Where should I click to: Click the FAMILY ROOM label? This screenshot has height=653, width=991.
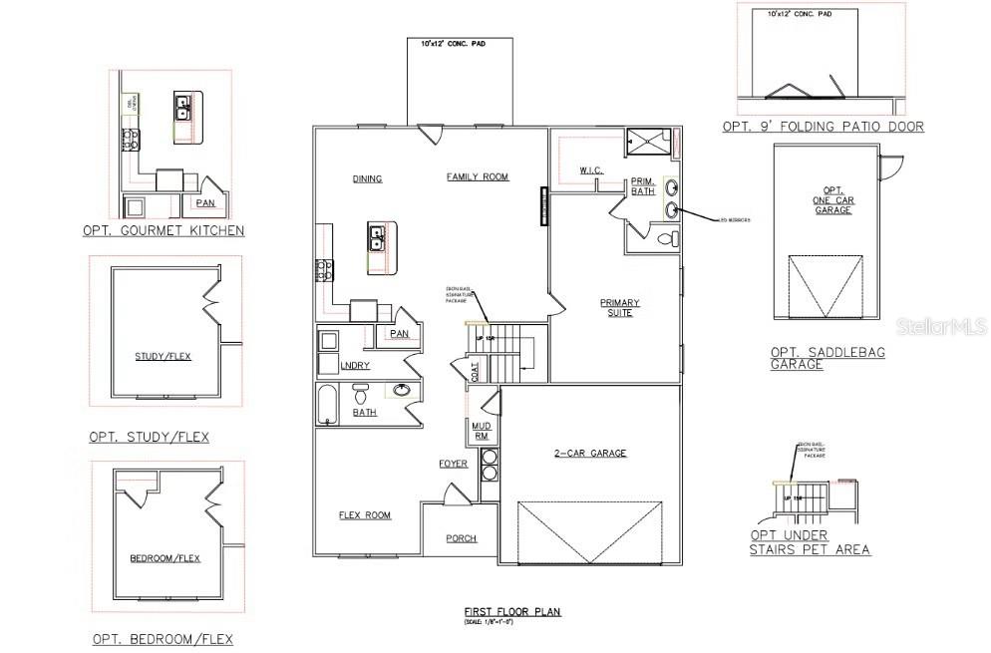tap(477, 177)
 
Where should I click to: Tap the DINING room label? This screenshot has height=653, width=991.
tap(367, 179)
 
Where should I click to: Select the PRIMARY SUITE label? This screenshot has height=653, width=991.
tap(619, 308)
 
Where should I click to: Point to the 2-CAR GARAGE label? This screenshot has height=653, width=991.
tap(591, 454)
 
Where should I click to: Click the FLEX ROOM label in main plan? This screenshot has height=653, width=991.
tap(364, 515)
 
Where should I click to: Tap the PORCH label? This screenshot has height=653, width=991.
tap(461, 538)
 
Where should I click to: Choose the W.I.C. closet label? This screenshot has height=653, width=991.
tap(590, 170)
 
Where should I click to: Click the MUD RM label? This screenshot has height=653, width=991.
tap(479, 431)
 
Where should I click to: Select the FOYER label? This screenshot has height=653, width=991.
tap(454, 464)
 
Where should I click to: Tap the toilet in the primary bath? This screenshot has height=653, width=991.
tap(670, 238)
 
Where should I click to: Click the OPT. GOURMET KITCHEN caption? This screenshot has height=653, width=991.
tap(164, 230)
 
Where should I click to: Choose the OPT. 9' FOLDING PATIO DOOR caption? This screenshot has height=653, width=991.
tap(824, 127)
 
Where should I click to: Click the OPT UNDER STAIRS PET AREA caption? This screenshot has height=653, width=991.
tap(810, 543)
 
